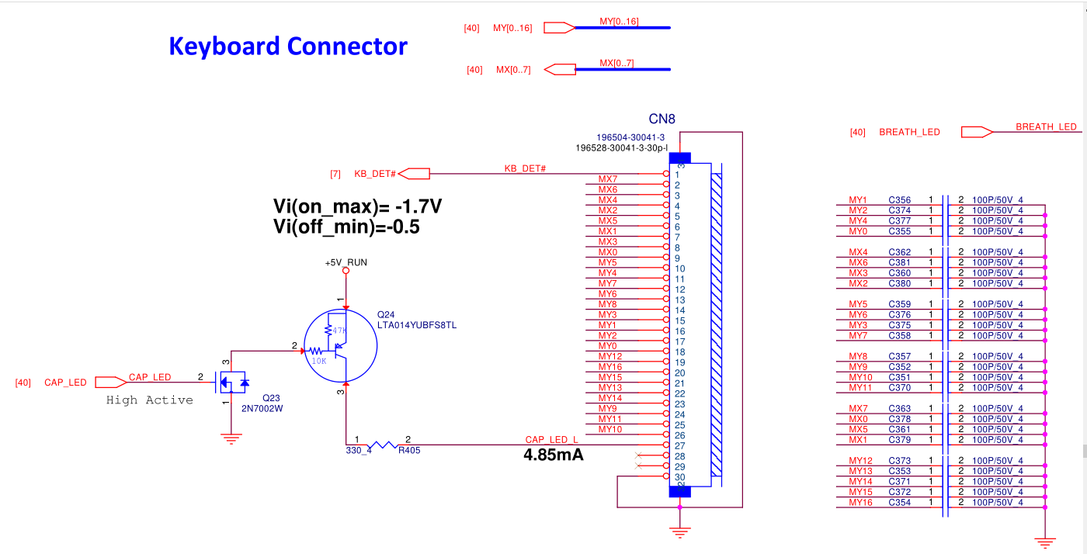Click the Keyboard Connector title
click(287, 47)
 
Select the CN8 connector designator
click(662, 119)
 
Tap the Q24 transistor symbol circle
click(341, 345)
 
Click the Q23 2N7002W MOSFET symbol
click(231, 382)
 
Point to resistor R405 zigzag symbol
click(382, 445)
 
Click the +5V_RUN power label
click(346, 263)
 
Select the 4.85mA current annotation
click(554, 455)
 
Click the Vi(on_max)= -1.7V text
click(358, 206)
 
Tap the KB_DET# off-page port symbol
click(415, 174)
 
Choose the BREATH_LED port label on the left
click(909, 133)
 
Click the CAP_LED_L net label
click(551, 440)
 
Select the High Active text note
click(149, 400)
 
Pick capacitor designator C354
click(900, 503)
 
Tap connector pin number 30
click(680, 477)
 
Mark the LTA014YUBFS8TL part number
click(417, 325)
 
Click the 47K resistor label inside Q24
click(339, 331)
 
